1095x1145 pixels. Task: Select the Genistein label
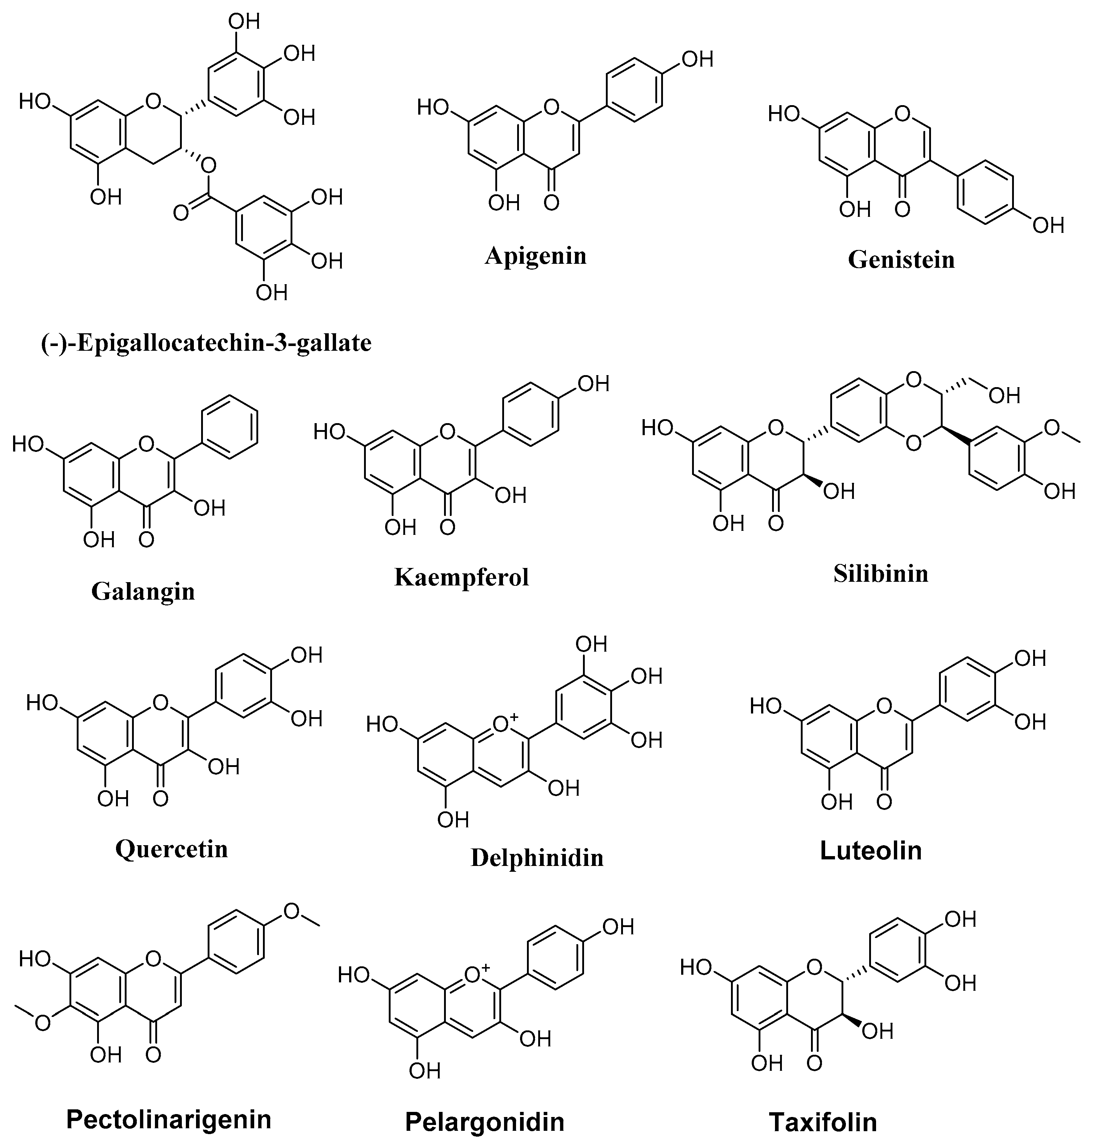[x=901, y=260]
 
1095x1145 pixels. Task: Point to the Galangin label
[x=143, y=592]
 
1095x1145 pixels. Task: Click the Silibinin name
[x=881, y=574]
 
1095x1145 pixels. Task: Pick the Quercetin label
[x=172, y=849]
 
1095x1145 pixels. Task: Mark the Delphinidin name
[x=537, y=858]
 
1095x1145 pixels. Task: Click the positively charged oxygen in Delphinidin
[x=501, y=725]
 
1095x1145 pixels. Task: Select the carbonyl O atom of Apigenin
[x=551, y=203]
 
